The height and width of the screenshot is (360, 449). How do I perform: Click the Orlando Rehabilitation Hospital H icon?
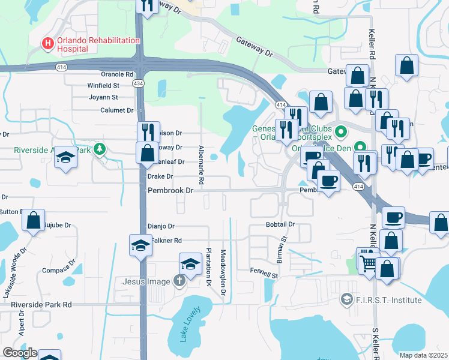pos(46,43)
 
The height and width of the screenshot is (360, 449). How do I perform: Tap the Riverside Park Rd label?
pos(41,305)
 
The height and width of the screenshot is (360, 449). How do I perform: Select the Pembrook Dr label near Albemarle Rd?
pos(172,190)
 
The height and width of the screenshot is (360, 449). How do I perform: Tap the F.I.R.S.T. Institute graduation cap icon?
pos(346,299)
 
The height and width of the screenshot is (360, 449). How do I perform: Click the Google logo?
pos(19,353)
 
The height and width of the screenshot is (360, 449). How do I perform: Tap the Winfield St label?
pos(103,86)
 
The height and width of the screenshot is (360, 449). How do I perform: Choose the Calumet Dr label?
pos(116,110)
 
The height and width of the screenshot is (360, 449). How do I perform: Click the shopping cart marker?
pos(368,262)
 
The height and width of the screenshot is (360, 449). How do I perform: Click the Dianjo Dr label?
pos(160,227)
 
